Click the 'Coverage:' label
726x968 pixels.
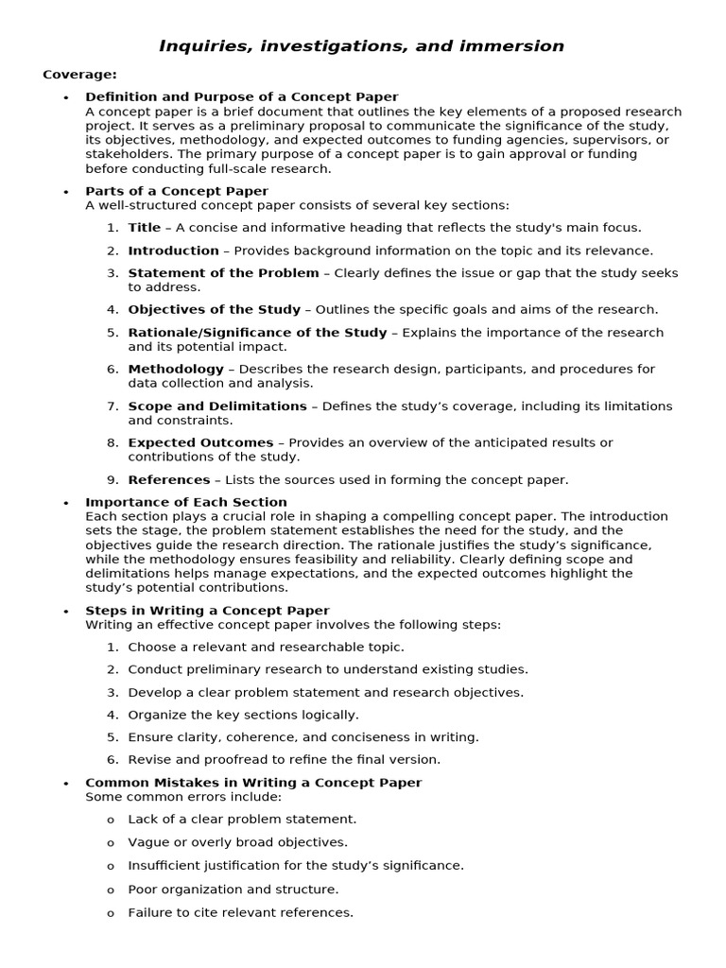(79, 75)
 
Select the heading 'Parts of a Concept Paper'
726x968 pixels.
(177, 191)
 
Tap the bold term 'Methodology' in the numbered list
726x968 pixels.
(176, 369)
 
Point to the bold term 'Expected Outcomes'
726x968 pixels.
(200, 442)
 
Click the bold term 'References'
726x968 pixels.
(169, 479)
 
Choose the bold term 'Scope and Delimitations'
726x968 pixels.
(217, 406)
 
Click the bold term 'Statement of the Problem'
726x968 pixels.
(223, 273)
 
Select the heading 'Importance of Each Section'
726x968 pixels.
(186, 502)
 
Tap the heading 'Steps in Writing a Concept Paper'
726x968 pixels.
(207, 611)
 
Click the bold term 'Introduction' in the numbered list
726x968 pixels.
(173, 251)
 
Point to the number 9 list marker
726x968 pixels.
(112, 479)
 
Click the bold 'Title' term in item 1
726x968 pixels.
(145, 228)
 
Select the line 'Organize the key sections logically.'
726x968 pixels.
(243, 715)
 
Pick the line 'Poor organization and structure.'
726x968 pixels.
(233, 890)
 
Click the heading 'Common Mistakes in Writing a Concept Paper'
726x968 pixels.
(253, 783)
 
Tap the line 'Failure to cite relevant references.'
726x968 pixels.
(240, 912)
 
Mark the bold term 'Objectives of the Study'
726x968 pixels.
(214, 309)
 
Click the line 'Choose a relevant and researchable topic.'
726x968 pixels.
(266, 647)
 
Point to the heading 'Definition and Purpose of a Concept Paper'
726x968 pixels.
(241, 97)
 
